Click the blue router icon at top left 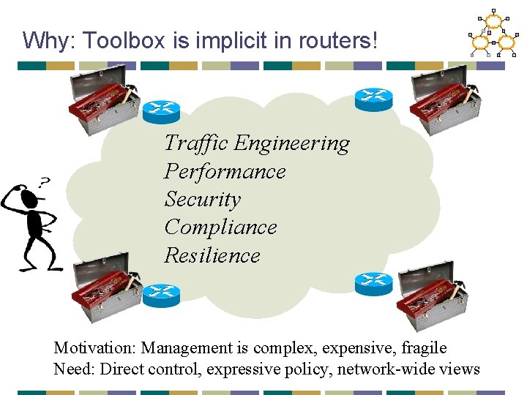coord(161,110)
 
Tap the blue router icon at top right coord(373,99)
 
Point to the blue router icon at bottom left coord(161,295)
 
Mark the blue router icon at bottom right coord(373,284)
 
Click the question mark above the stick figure coord(45,181)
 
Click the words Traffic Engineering coord(257,143)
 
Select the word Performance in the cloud coord(225,171)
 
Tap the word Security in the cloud coord(202,199)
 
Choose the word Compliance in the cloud coord(220,227)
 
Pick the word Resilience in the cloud coord(212,255)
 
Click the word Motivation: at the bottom coord(95,348)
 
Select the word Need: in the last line coord(74,369)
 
